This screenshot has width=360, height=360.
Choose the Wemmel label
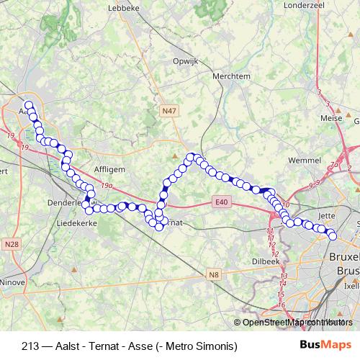coord(302,158)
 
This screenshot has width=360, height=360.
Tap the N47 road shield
coord(169,111)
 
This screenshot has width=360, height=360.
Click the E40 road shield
coord(221,203)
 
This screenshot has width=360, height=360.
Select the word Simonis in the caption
coord(217,346)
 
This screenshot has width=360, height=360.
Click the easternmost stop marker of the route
coord(333,235)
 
